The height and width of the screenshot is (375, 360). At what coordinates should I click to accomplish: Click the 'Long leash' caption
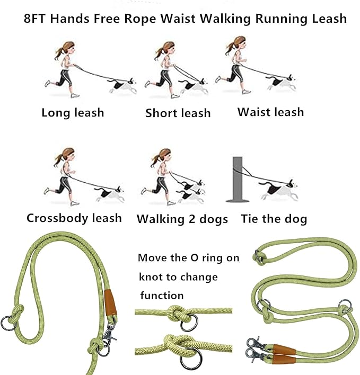(x=73, y=113)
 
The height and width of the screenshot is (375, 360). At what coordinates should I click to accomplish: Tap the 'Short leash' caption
(x=178, y=113)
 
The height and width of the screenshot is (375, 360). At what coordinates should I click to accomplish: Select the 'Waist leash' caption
(x=270, y=112)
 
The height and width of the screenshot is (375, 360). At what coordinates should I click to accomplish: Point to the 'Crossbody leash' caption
(x=74, y=218)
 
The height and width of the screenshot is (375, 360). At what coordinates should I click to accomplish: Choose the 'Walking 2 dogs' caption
(x=182, y=219)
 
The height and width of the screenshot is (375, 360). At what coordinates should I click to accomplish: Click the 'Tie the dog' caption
(x=274, y=219)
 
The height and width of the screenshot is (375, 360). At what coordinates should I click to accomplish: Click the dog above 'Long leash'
(x=121, y=85)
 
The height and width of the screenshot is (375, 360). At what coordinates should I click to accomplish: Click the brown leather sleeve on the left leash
(x=110, y=302)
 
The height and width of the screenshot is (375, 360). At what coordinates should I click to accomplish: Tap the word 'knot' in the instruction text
(x=151, y=277)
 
